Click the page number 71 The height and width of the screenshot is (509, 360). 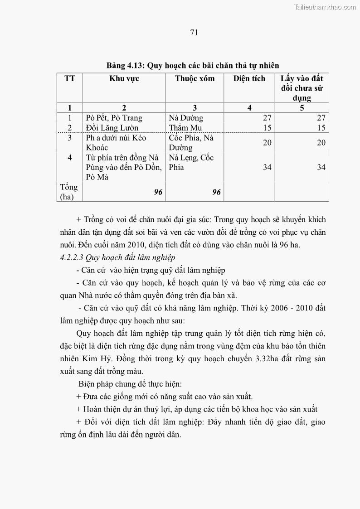(x=194, y=32)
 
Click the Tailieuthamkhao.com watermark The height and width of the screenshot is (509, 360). (x=325, y=7)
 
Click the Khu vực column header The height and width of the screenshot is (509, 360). (x=124, y=78)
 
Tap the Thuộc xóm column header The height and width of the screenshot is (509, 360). (x=195, y=78)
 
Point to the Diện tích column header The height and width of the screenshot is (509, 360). (x=249, y=78)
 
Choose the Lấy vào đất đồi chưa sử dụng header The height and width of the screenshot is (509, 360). (x=302, y=88)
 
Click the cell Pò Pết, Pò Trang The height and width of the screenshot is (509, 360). (x=114, y=118)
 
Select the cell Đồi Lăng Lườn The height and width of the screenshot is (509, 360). (x=112, y=128)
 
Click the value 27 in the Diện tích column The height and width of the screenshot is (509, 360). (x=267, y=118)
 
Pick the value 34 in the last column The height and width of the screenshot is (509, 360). (x=321, y=167)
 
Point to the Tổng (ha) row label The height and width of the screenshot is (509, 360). (x=69, y=192)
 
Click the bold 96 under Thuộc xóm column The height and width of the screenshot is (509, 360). (x=216, y=192)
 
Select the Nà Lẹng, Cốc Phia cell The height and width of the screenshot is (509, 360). (x=191, y=162)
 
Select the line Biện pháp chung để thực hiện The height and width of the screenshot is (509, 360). (x=130, y=384)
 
